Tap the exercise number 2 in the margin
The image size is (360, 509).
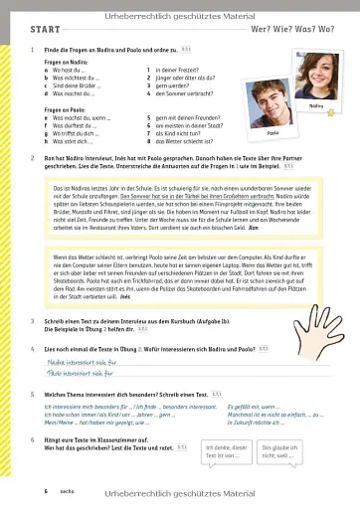pyautogui.click(x=33, y=157)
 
